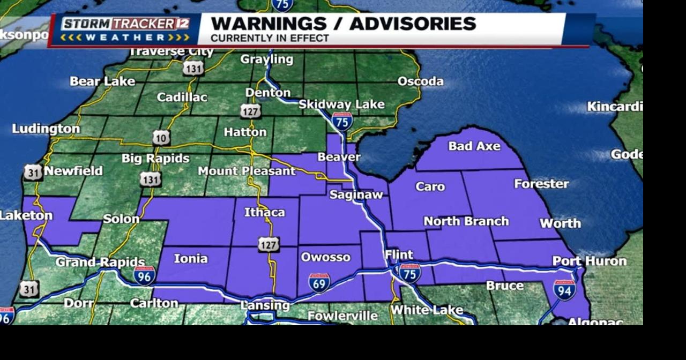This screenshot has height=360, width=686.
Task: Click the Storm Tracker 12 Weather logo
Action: pyautogui.click(x=125, y=30)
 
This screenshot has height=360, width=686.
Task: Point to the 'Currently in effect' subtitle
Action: pyautogui.click(x=270, y=39)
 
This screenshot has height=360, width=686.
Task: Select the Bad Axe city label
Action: pyautogui.click(x=474, y=146)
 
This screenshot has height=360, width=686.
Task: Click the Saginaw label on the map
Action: pyautogui.click(x=356, y=194)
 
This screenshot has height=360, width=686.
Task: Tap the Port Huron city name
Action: pyautogui.click(x=590, y=261)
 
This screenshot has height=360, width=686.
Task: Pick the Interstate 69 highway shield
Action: pyautogui.click(x=319, y=282)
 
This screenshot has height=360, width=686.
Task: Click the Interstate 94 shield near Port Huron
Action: pyautogui.click(x=564, y=289)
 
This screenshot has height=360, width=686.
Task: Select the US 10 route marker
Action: pyautogui.click(x=161, y=138)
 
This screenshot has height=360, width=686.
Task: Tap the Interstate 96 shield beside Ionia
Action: pyautogui.click(x=145, y=275)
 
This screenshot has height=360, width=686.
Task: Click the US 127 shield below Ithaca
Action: pyautogui.click(x=269, y=245)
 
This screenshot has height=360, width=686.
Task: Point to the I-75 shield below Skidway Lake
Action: pyautogui.click(x=342, y=122)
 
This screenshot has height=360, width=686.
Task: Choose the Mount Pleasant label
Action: pyautogui.click(x=247, y=171)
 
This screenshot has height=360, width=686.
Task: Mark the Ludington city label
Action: pyautogui.click(x=46, y=129)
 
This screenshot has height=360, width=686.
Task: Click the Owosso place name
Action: pyautogui.click(x=325, y=257)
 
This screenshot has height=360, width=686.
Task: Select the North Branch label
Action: pyautogui.click(x=466, y=221)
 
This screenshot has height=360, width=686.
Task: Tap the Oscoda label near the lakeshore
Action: pyautogui.click(x=420, y=81)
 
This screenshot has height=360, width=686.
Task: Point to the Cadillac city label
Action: pyautogui.click(x=182, y=97)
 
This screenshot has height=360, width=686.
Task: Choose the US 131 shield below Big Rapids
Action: pyautogui.click(x=150, y=179)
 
